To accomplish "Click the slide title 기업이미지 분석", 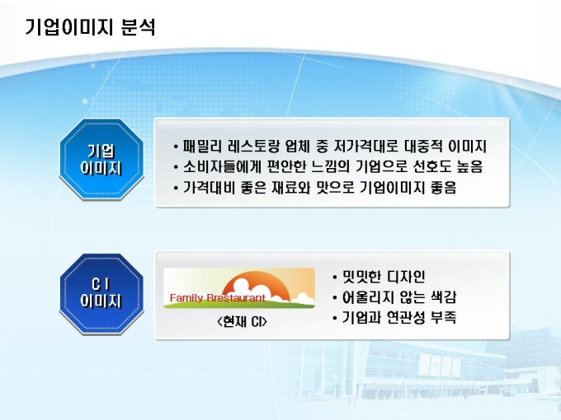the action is [x=90, y=27].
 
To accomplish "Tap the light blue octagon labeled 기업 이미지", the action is [x=101, y=159].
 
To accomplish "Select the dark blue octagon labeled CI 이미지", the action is [x=101, y=293].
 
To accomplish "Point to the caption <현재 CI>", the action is [x=243, y=321].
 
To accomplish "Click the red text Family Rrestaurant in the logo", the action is [x=218, y=298].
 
